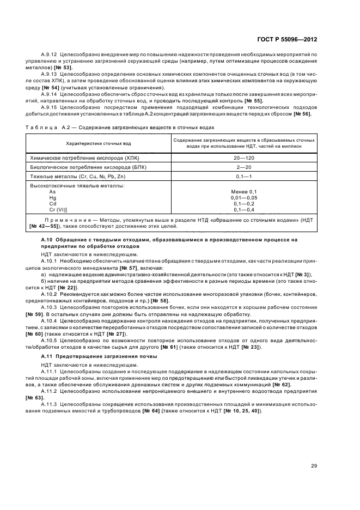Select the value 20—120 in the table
pos(244,157)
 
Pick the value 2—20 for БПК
pos(244,166)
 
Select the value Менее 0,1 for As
pos(244,192)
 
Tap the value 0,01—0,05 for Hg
pos(244,198)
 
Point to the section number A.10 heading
pos(47,240)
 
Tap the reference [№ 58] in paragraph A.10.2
pos(160,301)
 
